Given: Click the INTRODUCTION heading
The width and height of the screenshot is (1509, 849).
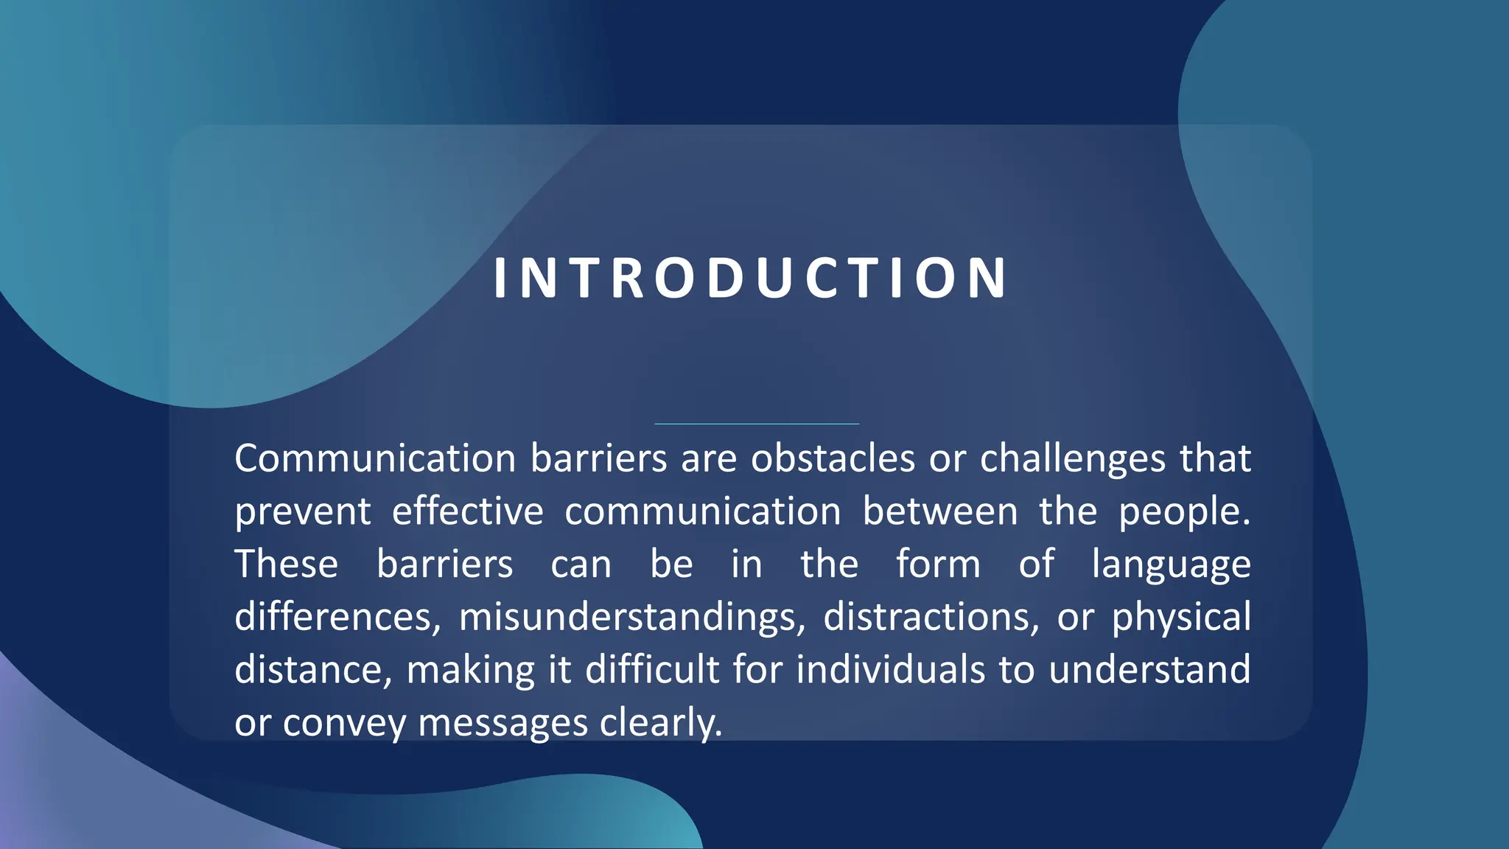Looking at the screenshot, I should click(750, 279).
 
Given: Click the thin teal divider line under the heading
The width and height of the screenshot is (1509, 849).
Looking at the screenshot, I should click(757, 424).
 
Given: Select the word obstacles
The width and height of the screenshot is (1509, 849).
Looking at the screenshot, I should click(833, 458).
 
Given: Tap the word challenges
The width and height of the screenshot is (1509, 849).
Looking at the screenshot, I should click(1072, 458).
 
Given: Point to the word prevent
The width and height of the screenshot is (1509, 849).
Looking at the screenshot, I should click(302, 511).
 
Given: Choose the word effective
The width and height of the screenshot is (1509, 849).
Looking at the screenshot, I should click(467, 511).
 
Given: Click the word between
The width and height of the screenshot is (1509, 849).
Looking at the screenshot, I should click(940, 511).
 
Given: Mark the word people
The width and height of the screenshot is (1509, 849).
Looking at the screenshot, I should click(1183, 511).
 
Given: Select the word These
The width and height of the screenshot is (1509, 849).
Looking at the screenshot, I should click(287, 565).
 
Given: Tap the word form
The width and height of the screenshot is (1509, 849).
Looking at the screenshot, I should click(938, 565).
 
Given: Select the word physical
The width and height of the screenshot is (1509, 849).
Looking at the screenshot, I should click(1181, 617).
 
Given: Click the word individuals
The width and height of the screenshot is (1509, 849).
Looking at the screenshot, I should click(890, 670).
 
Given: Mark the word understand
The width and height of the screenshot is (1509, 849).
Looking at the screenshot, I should click(1149, 670).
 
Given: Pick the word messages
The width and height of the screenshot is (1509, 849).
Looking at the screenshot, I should click(503, 723).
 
